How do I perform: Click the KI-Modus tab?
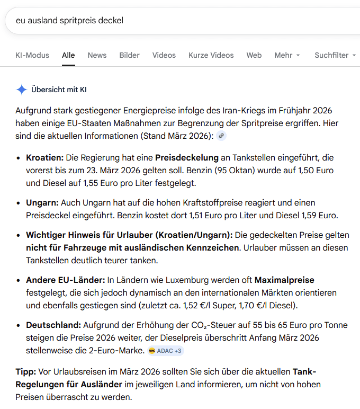tap(32, 55)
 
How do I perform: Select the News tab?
tap(97, 55)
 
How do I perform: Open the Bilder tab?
tap(129, 55)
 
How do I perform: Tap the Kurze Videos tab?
tap(211, 55)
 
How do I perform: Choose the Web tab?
tap(254, 55)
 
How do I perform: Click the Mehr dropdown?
tap(287, 55)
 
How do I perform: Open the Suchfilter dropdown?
tap(335, 55)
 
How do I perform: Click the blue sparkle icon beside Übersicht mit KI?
tap(21, 90)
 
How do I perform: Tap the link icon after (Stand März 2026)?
tap(221, 136)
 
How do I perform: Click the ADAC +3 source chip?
tap(166, 351)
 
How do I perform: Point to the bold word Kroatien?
tap(44, 158)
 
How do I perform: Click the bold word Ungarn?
tap(42, 203)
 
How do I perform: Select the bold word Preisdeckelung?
tap(186, 158)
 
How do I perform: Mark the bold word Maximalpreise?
tap(284, 280)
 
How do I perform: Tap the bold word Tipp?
tap(25, 371)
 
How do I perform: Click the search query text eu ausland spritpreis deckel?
tap(69, 21)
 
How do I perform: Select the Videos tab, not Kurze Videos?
tap(164, 55)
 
